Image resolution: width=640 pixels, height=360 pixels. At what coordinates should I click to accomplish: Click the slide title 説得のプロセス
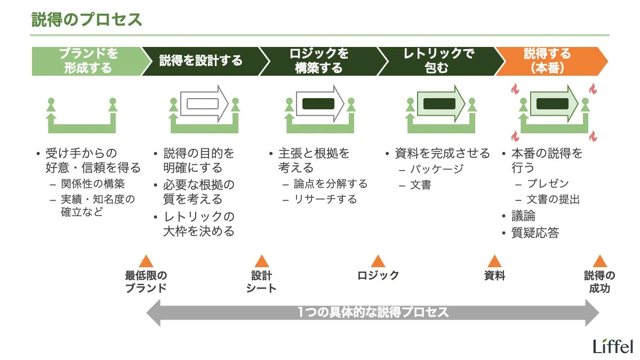pos(87,20)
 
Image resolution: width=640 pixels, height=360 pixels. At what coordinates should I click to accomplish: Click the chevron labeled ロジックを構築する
pos(318,61)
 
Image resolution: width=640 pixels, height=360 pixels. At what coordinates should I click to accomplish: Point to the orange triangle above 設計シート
pos(261,261)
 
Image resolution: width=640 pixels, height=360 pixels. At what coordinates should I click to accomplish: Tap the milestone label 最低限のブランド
pos(146,282)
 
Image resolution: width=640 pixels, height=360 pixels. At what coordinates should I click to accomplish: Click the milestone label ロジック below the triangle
pos(378,275)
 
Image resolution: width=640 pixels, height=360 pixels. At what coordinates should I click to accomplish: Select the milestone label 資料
pos(494,275)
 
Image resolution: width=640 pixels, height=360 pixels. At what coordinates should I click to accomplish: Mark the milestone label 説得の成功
pos(599,282)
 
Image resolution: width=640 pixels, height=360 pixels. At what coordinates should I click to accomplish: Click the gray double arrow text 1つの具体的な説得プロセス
pos(373,313)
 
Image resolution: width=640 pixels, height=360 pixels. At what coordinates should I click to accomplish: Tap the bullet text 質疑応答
pos(535,233)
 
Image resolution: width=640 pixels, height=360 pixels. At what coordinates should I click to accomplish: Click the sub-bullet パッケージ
pos(436,170)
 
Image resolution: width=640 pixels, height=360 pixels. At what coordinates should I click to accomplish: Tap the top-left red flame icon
pos(515,89)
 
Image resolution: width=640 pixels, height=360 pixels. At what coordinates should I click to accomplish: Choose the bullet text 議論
pos(523,216)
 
